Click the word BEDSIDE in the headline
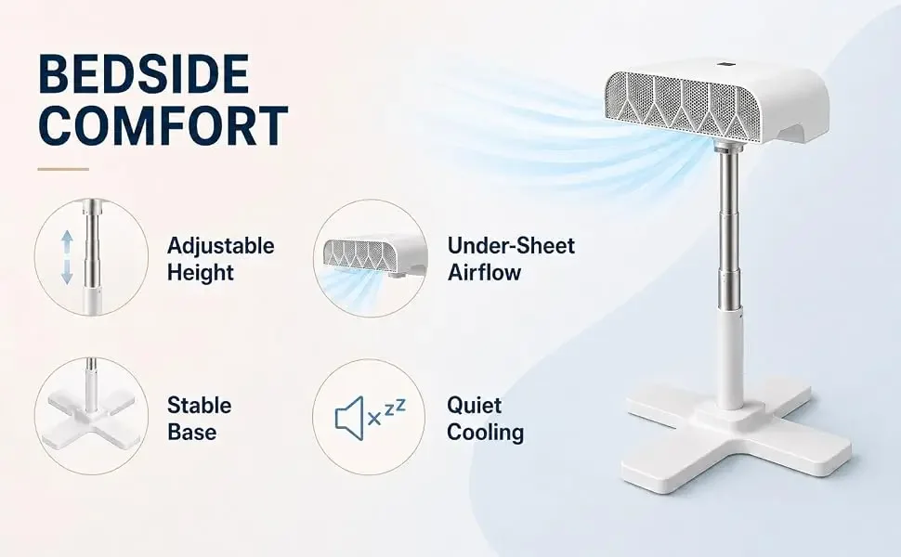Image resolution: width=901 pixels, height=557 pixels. click(144, 73)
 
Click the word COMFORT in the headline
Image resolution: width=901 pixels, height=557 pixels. click(163, 124)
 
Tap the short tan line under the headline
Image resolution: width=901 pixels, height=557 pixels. click(63, 169)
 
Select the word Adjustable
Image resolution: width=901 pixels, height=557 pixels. click(221, 246)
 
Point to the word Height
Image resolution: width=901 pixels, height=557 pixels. click(201, 272)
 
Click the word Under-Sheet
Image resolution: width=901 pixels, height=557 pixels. click(511, 246)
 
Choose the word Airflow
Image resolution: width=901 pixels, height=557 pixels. click(484, 272)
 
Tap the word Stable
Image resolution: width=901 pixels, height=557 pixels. click(200, 406)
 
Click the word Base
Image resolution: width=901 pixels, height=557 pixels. click(192, 432)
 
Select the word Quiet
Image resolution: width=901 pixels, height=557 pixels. click(474, 406)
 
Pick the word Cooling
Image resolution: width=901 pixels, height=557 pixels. click(485, 433)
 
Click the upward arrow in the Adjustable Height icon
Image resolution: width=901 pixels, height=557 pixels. click(67, 241)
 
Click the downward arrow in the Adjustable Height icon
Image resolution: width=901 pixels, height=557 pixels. click(67, 272)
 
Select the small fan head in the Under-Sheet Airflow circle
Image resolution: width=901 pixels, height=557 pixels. click(373, 256)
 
